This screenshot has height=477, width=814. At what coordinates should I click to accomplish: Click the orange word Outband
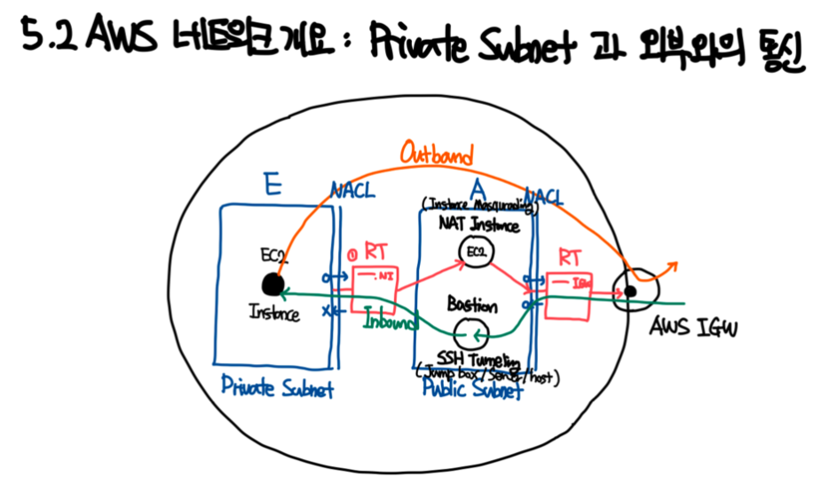[x=434, y=153]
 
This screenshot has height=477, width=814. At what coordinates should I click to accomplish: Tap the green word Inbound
[x=390, y=322]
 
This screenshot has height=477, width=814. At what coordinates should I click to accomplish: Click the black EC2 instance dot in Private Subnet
[x=273, y=284]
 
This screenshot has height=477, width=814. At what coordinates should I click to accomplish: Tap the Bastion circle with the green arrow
[x=470, y=334]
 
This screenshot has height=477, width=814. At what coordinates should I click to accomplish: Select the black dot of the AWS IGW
[x=629, y=291]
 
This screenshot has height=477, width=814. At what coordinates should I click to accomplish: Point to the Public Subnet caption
[x=472, y=392]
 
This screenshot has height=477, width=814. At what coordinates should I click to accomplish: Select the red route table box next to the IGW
[x=566, y=295]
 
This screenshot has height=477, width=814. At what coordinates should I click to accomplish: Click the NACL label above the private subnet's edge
[x=353, y=190]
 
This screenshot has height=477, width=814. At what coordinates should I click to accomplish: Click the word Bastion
[x=472, y=306]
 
